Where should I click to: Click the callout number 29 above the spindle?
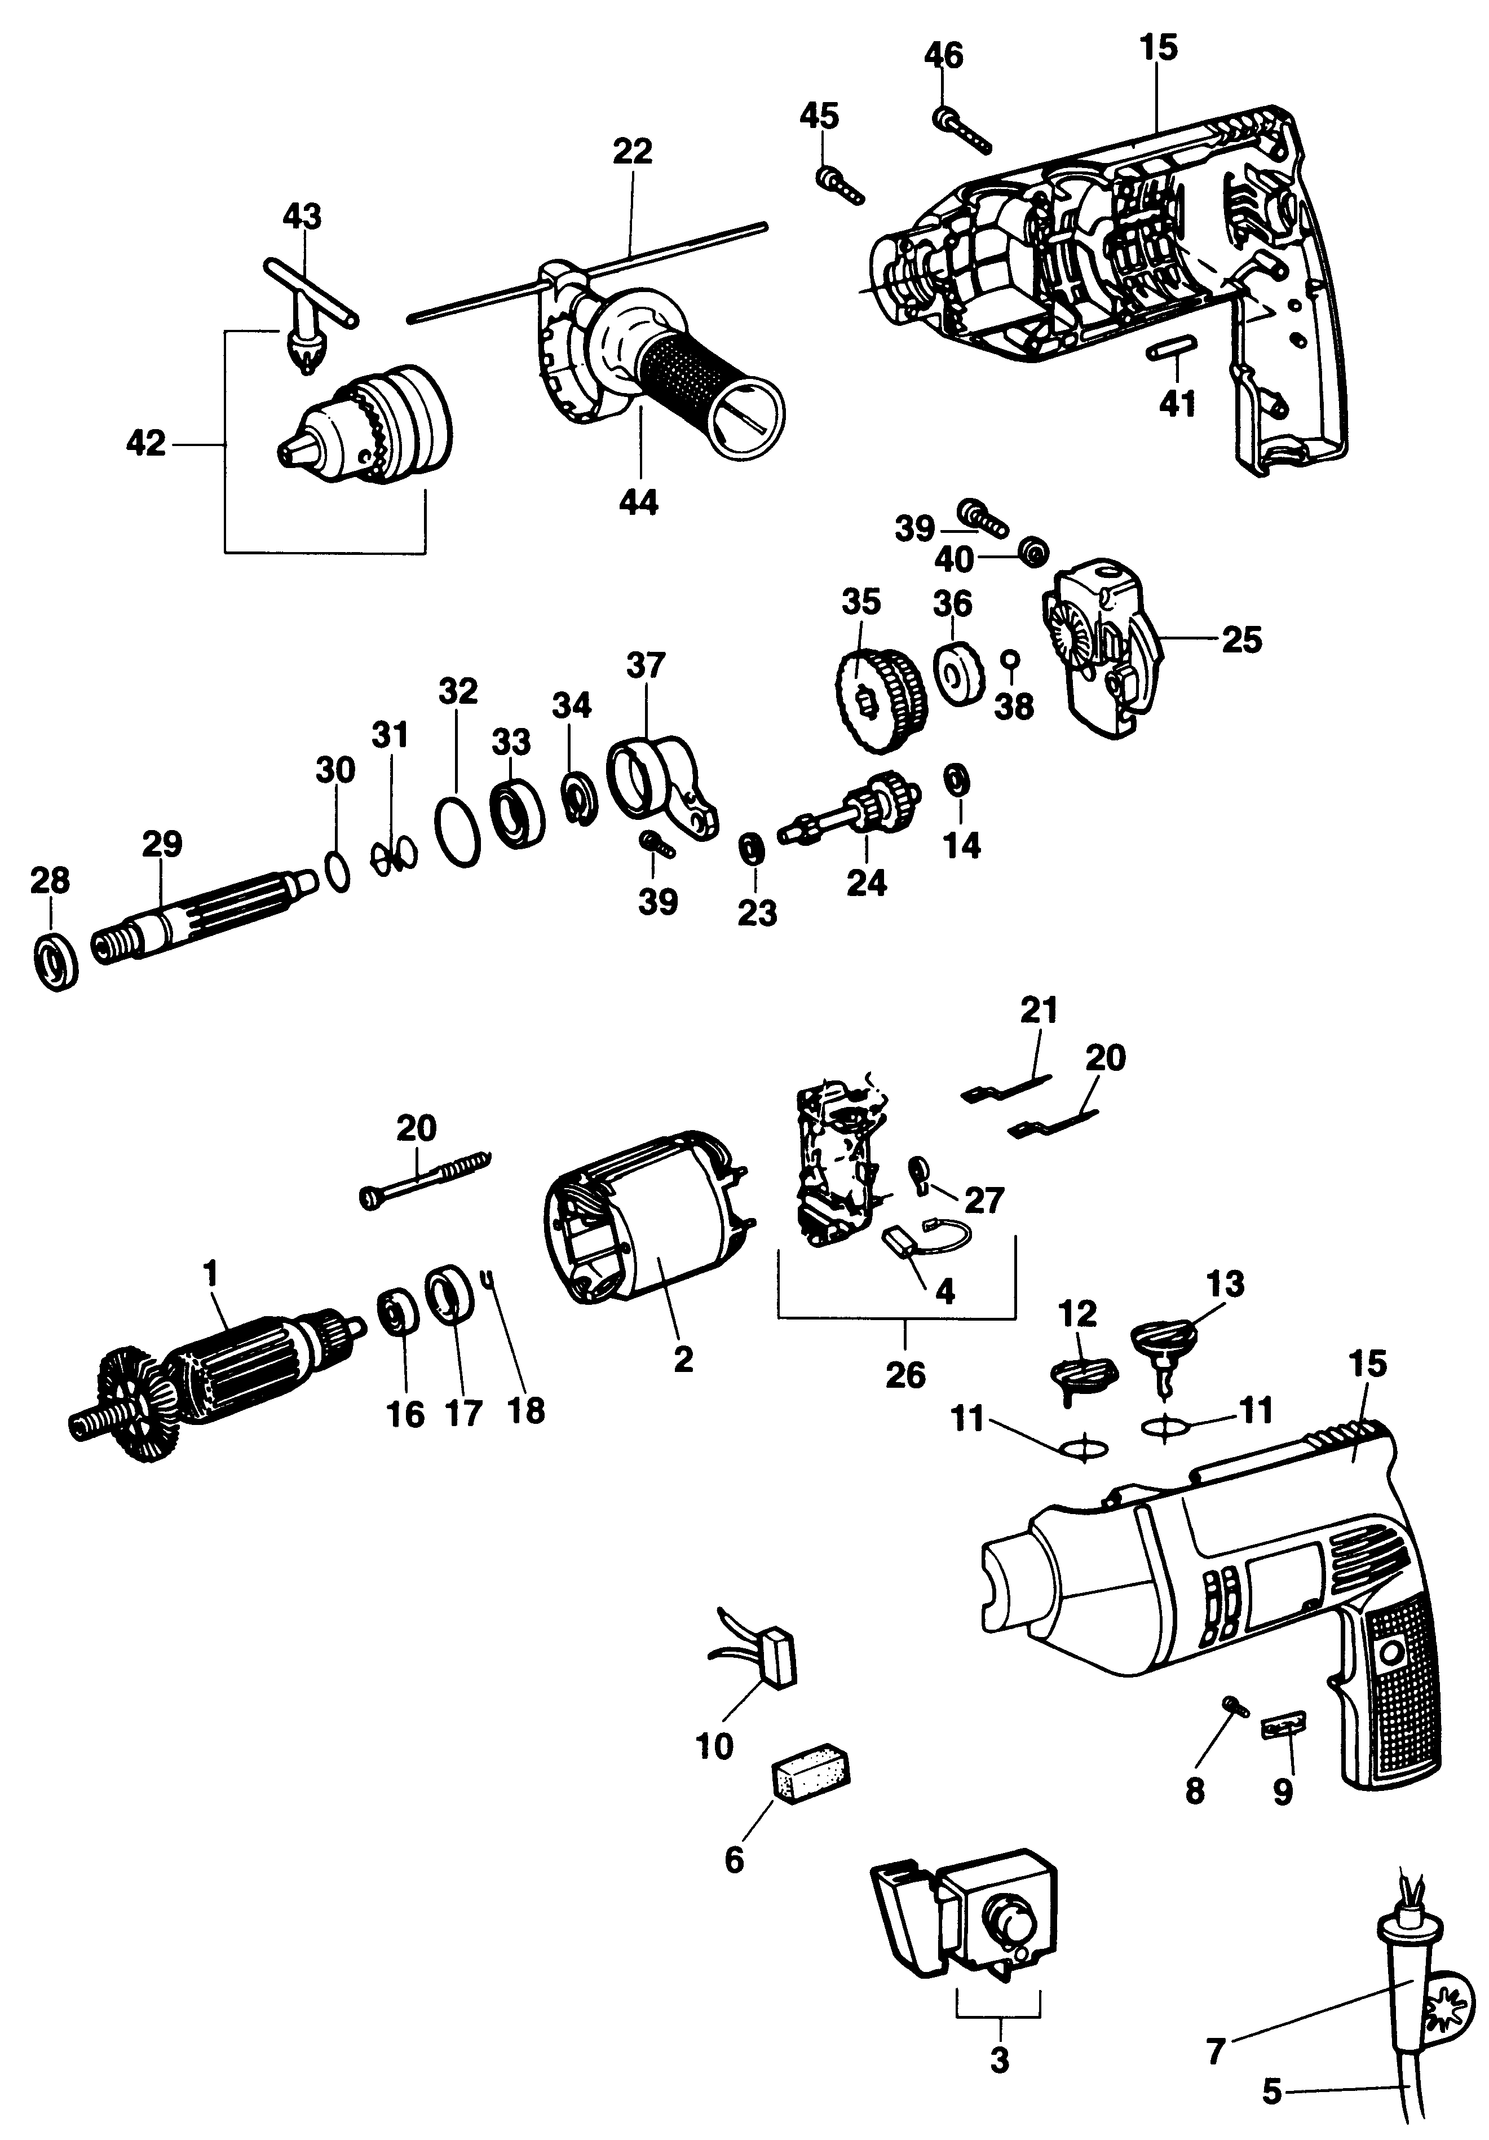pos(162,845)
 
